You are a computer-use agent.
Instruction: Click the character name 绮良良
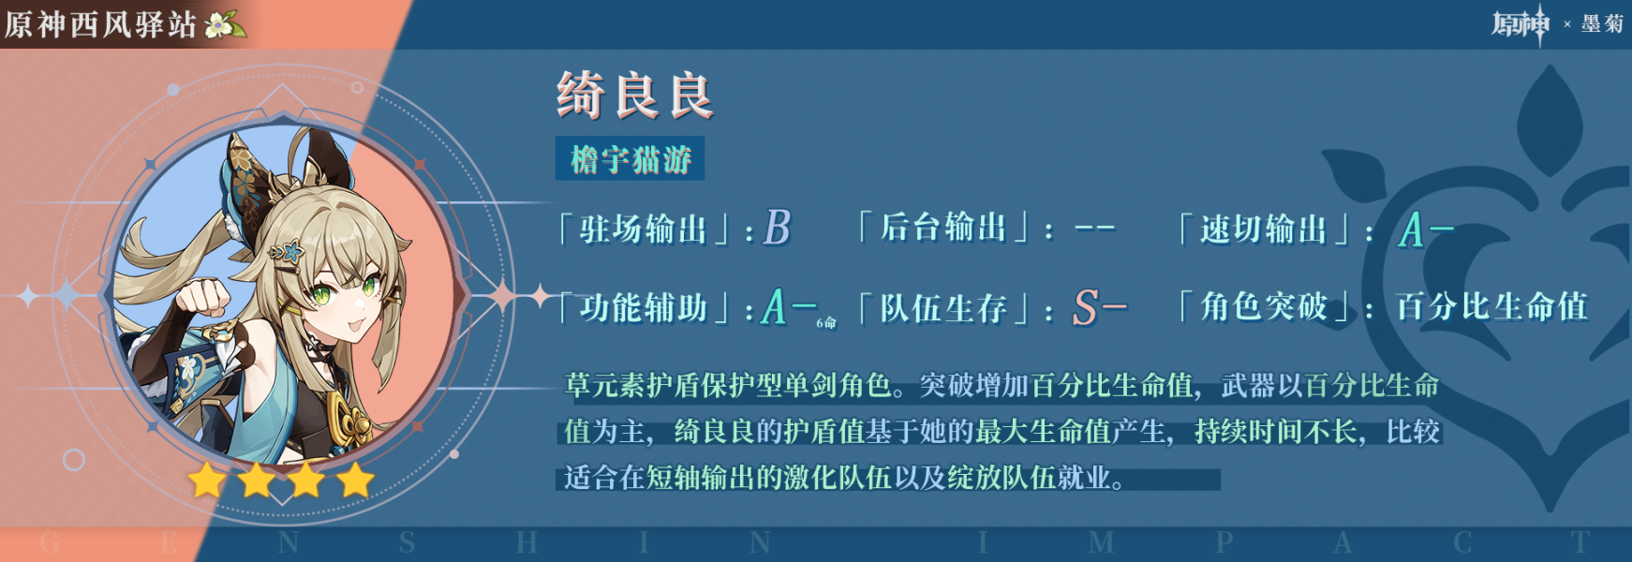[x=635, y=96]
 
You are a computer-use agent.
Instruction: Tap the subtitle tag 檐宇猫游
[x=631, y=158]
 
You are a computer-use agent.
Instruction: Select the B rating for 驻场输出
[x=778, y=228]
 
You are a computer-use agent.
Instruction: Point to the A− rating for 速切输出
[x=1426, y=229]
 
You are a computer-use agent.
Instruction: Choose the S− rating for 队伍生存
[x=1099, y=307]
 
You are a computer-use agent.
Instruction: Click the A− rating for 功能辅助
[x=790, y=306]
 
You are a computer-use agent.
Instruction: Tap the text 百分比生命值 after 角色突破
[x=1491, y=306]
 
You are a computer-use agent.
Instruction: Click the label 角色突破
[x=1264, y=306]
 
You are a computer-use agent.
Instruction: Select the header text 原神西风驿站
[x=101, y=24]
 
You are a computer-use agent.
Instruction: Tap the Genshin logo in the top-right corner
[x=1521, y=23]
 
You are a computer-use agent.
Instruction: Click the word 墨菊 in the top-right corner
[x=1602, y=23]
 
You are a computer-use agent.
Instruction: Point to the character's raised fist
[x=203, y=297]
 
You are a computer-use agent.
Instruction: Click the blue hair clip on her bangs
[x=286, y=251]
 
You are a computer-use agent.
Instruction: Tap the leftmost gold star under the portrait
[x=207, y=481]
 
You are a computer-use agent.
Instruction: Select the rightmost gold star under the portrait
[x=355, y=481]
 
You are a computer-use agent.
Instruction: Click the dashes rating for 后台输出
[x=1094, y=229]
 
